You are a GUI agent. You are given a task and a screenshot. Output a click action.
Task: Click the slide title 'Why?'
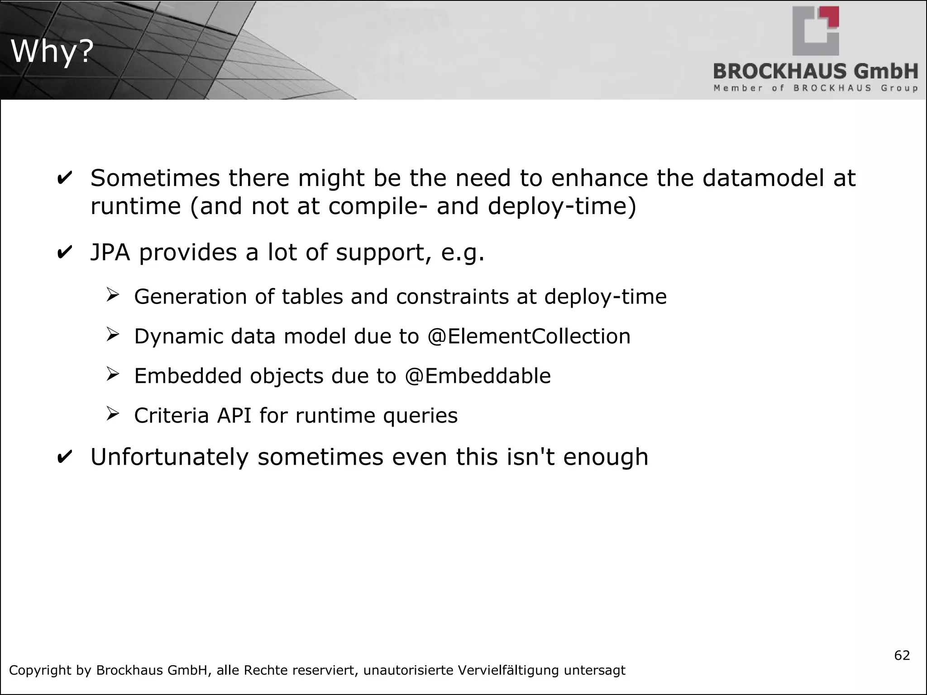point(52,52)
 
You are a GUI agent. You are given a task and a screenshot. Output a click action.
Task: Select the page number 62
point(902,656)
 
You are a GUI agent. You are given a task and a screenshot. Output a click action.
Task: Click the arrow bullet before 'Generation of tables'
point(112,296)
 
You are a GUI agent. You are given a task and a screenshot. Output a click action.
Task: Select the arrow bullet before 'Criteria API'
point(112,414)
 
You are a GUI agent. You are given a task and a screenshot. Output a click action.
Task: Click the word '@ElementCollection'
point(528,337)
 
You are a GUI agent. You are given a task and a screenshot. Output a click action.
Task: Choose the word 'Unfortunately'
point(170,457)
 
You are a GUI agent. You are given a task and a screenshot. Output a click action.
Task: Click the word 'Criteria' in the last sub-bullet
point(172,415)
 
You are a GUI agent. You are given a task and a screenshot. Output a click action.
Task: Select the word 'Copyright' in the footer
point(39,671)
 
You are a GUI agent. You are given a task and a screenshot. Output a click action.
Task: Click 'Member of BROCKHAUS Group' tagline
point(815,88)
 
